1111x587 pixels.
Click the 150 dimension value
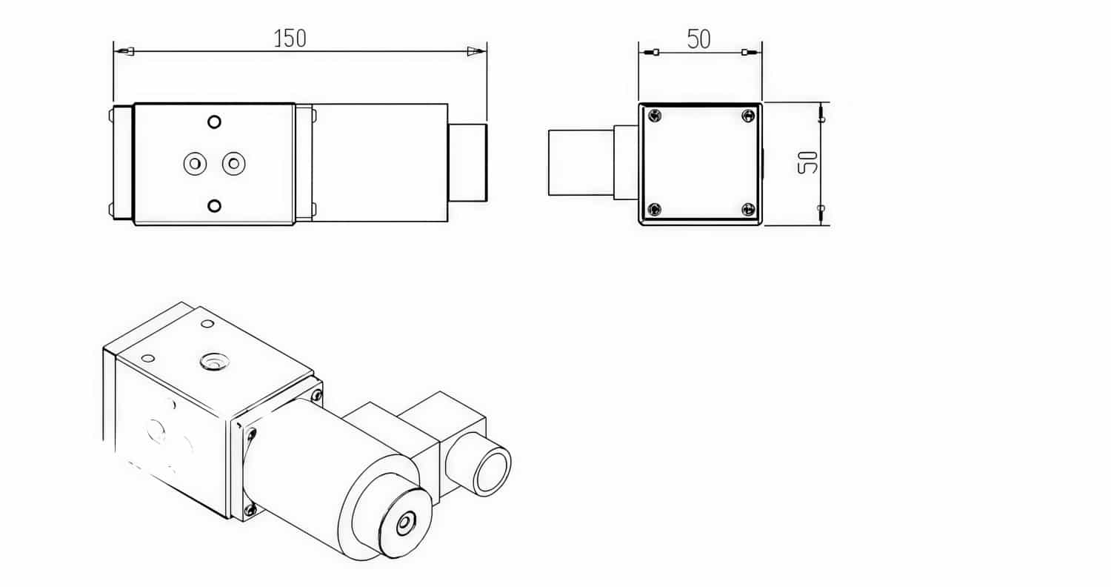point(290,39)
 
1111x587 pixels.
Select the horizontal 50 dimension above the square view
point(698,39)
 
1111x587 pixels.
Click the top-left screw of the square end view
point(653,116)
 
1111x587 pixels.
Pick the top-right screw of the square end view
point(748,116)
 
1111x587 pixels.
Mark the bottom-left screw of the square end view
point(653,210)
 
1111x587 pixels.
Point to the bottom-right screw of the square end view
point(748,210)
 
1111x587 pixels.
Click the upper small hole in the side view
point(214,122)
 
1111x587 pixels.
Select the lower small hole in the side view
point(214,205)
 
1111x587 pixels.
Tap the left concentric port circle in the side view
point(195,163)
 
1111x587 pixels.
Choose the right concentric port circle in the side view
point(233,163)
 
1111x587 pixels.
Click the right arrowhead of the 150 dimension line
point(476,51)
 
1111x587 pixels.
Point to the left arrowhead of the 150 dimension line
point(124,51)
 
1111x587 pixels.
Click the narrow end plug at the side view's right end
point(467,163)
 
